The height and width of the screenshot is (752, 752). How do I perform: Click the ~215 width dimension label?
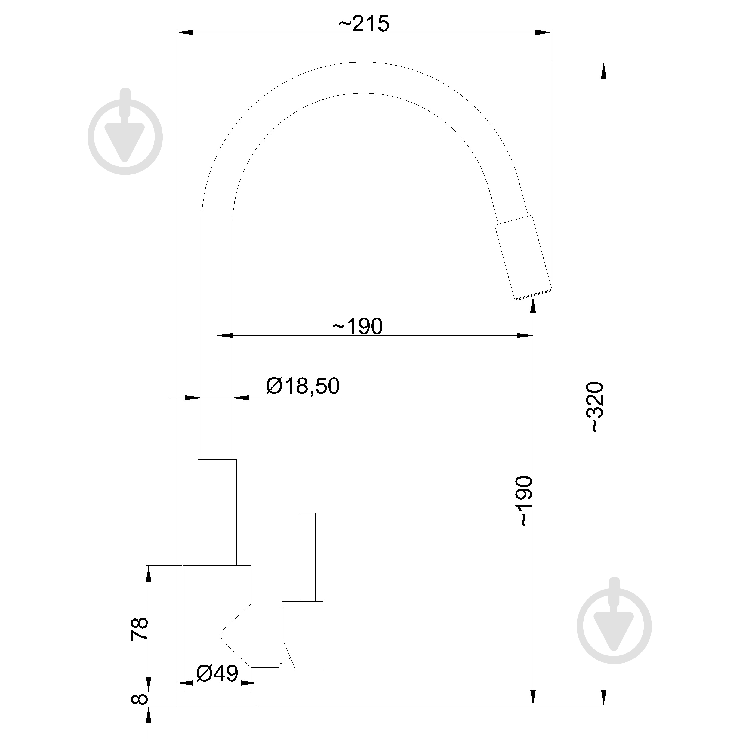click(364, 24)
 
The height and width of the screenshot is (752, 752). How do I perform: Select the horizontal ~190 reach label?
click(357, 327)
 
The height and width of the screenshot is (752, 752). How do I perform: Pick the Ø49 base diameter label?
click(217, 673)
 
